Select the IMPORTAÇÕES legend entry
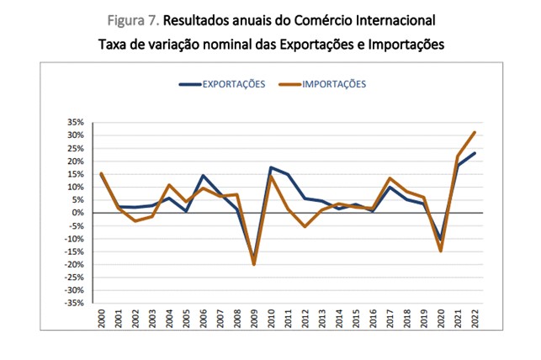(x=334, y=84)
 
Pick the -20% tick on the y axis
(x=76, y=264)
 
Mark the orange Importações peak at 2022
(x=475, y=132)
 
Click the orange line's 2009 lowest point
(x=253, y=264)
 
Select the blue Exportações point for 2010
(x=270, y=167)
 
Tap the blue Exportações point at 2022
(x=475, y=153)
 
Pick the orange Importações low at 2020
(x=441, y=251)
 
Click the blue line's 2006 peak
(x=202, y=175)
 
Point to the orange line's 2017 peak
(x=390, y=178)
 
